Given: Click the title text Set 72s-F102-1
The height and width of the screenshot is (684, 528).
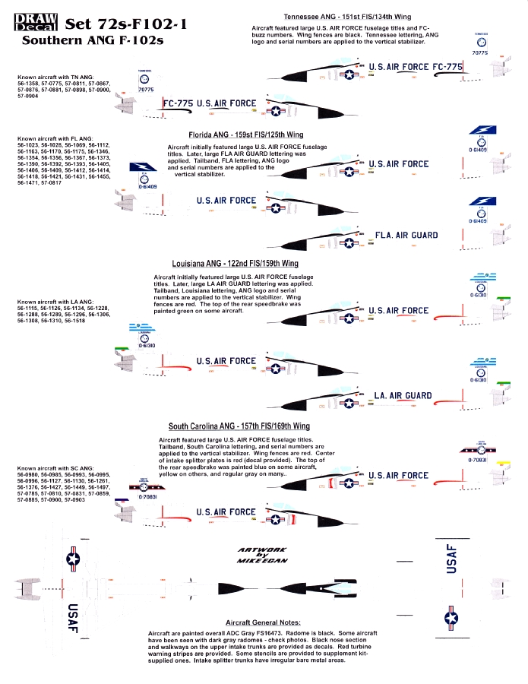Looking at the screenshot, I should pos(127,24).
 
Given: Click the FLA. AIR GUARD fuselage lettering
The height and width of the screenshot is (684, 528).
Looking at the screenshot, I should pos(406,236).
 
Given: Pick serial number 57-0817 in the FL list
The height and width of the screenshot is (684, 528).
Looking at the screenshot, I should pos(67,183).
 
